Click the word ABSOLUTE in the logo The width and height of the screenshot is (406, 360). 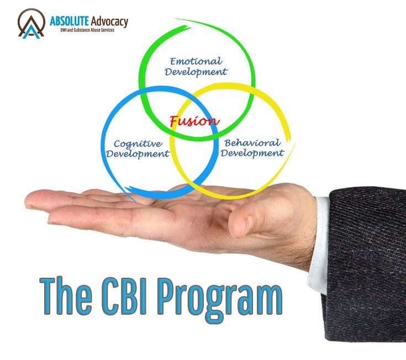coord(66,21)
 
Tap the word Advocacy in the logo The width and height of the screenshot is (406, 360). coord(108,21)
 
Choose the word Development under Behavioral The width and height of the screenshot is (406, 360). coord(253,152)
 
